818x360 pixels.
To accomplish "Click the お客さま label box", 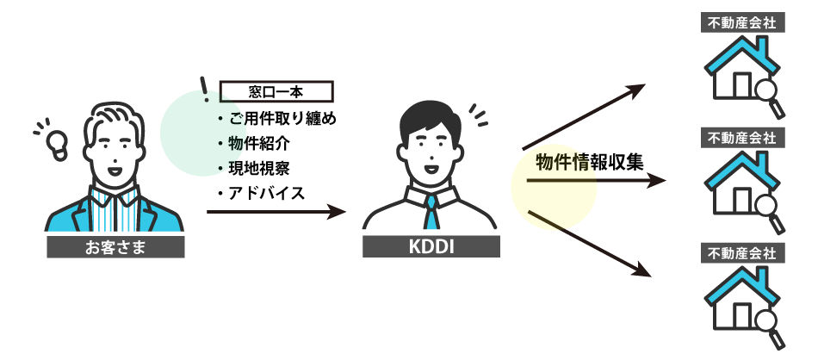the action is [x=115, y=247].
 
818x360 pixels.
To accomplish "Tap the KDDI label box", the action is [x=431, y=247].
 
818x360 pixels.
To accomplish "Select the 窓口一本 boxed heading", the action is [x=276, y=91].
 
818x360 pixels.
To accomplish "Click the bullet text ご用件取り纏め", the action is [x=282, y=120].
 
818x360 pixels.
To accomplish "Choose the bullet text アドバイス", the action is [x=267, y=194].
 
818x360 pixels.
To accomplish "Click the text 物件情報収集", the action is [x=590, y=163].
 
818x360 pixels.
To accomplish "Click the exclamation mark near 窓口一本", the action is [x=205, y=90].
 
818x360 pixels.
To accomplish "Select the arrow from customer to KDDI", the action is [x=276, y=212].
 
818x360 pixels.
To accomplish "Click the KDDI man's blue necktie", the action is [x=431, y=213].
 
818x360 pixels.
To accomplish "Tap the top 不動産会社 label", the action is [x=743, y=23].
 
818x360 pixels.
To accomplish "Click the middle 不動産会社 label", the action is [x=743, y=139].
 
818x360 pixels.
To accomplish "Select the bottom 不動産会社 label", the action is [x=743, y=254].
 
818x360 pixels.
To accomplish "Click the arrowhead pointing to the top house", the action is [x=636, y=90].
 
